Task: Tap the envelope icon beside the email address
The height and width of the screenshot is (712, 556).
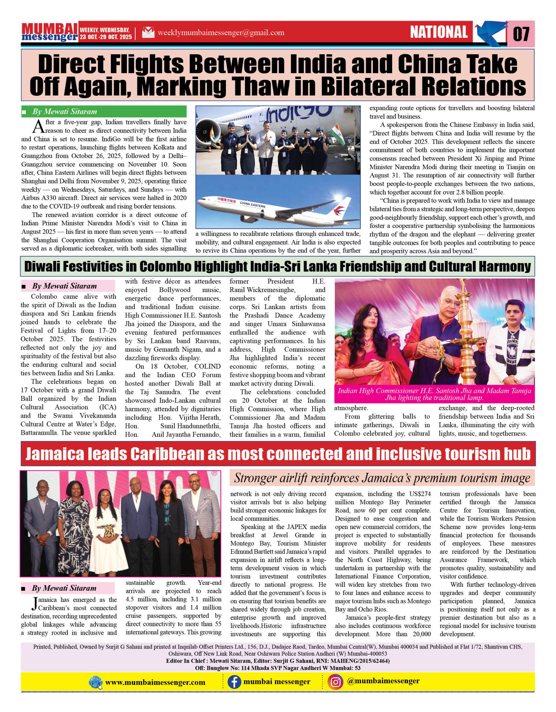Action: pos(148,33)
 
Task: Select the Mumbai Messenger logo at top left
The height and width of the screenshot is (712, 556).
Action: pos(50,32)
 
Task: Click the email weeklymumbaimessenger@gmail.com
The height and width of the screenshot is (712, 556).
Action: pos(221,33)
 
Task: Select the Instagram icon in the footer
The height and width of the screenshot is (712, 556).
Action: pos(335,682)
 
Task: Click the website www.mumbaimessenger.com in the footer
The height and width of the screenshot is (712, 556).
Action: pos(155,682)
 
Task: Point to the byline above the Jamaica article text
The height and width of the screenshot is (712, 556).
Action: pos(64,588)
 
